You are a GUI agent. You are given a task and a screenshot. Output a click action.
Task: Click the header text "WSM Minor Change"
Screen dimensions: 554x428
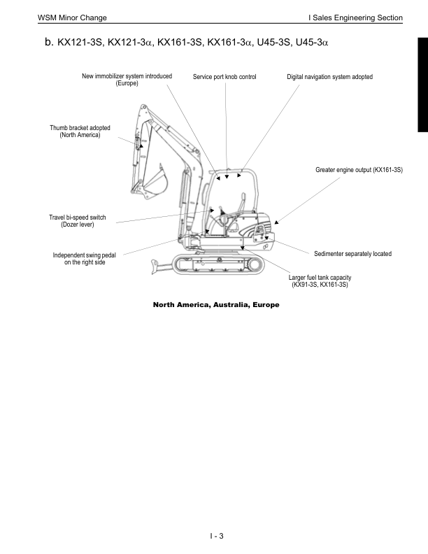point(67,16)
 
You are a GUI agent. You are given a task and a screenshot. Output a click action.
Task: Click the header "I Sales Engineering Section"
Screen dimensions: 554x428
point(357,16)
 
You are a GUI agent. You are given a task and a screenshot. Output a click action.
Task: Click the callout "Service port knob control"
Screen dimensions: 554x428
point(224,76)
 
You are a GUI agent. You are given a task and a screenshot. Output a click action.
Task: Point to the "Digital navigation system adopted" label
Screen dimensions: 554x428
point(329,76)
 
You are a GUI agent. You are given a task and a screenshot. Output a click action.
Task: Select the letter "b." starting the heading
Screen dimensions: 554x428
point(49,43)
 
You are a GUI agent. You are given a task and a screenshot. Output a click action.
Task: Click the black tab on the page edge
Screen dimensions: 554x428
point(423,85)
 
